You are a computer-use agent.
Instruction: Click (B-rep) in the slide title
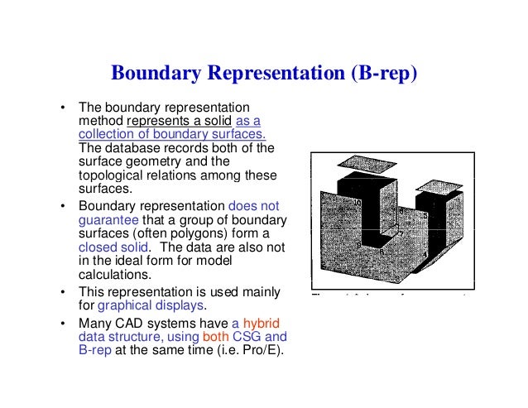(x=384, y=74)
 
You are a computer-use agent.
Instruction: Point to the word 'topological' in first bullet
(x=110, y=175)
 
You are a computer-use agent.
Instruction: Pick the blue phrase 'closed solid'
(x=115, y=247)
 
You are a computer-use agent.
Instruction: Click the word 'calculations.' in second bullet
(x=115, y=274)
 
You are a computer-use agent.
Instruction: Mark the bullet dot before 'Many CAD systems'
(x=61, y=324)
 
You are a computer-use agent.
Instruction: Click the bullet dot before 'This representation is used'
(x=61, y=293)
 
